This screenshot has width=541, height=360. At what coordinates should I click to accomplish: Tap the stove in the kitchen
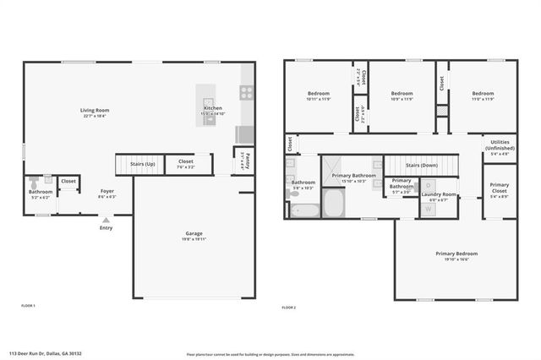tap(246, 93)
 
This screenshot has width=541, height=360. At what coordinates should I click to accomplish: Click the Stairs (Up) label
tap(140, 164)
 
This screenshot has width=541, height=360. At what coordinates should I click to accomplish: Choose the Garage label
tap(194, 236)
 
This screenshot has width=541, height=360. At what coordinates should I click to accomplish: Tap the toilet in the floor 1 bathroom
tap(34, 181)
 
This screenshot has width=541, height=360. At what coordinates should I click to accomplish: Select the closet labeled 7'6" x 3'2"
tap(186, 163)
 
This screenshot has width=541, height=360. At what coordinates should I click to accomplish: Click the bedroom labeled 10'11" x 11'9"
tap(318, 95)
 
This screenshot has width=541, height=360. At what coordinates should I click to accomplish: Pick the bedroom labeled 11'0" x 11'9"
tap(483, 95)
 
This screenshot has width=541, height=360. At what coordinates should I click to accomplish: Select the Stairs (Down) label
tap(421, 166)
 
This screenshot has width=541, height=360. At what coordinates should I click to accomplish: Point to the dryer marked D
tap(429, 184)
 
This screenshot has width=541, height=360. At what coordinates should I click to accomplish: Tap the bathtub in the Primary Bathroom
tap(334, 203)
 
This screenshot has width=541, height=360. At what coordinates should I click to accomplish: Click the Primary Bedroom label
tap(456, 255)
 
